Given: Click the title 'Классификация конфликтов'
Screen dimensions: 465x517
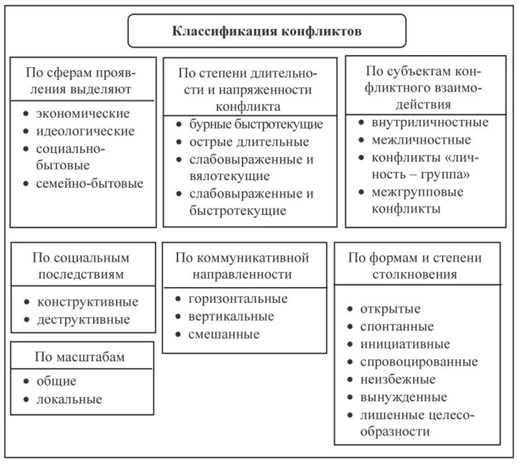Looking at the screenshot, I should pyautogui.click(x=266, y=31).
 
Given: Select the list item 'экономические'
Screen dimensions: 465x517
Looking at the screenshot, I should pyautogui.click(x=83, y=114).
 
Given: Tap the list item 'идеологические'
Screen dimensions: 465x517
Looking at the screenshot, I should pyautogui.click(x=85, y=131).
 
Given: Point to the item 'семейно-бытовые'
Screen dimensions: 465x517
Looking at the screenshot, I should pyautogui.click(x=89, y=184).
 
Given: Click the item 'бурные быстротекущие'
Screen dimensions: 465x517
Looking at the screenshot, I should pyautogui.click(x=256, y=124).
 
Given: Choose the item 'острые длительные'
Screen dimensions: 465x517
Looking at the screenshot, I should pyautogui.click(x=249, y=141).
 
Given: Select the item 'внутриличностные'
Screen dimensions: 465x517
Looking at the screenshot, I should pyautogui.click(x=430, y=122).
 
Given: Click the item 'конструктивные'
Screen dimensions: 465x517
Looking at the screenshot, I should pyautogui.click(x=87, y=301).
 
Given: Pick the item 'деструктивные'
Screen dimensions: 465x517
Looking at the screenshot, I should pyautogui.click(x=84, y=319).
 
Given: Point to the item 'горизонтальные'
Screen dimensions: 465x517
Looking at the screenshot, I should pyautogui.click(x=238, y=299).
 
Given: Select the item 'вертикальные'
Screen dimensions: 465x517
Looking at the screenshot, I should pyautogui.click(x=231, y=316).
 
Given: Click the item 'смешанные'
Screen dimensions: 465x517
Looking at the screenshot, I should pyautogui.click(x=224, y=334).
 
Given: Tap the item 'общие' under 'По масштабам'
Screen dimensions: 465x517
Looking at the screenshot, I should pyautogui.click(x=56, y=381).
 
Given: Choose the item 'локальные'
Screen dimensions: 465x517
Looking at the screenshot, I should pyautogui.click(x=69, y=399).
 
